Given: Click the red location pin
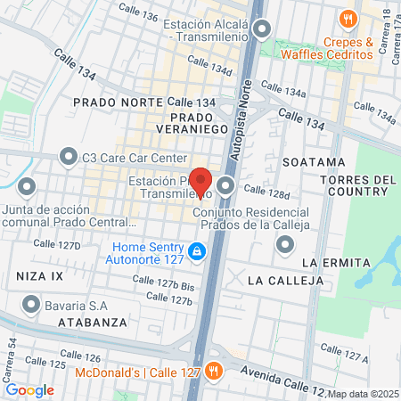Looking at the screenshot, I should coord(200,181).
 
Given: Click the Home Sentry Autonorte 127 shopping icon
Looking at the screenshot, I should coord(196,254).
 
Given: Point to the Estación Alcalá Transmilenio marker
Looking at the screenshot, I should coord(261,30).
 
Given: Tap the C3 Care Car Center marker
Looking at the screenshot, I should coord(68,158).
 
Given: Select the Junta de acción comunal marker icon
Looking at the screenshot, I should coord(27,187).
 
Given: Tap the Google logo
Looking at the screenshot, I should coord(29,389).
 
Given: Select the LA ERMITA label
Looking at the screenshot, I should coord(335,262).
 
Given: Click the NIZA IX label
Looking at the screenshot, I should coord(40,276).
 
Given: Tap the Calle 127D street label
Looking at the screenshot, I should coord(57,244).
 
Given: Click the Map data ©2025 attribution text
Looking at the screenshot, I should coord(363,394).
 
